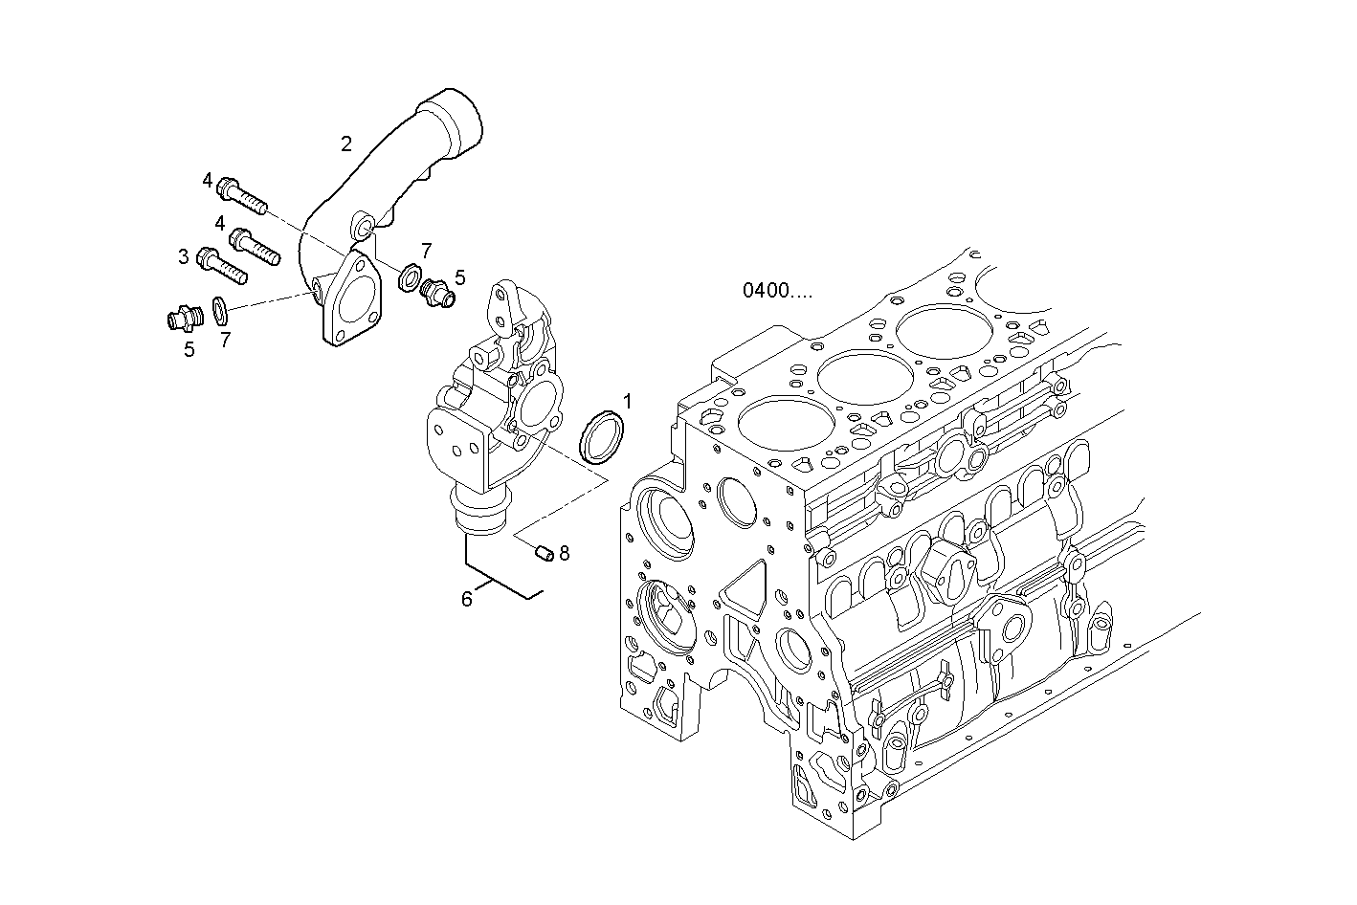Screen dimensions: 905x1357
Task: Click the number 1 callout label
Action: (628, 400)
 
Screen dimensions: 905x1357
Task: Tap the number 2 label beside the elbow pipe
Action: (346, 144)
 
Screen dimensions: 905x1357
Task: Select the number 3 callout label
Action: (183, 256)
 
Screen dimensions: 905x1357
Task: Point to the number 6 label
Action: (467, 599)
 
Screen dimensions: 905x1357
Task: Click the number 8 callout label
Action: (565, 552)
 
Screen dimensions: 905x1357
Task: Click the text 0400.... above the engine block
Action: (777, 290)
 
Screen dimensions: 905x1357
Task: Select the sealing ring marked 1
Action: (602, 434)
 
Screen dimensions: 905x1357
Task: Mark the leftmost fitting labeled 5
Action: (182, 317)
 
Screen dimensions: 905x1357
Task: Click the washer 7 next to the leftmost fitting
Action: (219, 308)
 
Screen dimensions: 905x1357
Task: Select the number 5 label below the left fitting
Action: (189, 349)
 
